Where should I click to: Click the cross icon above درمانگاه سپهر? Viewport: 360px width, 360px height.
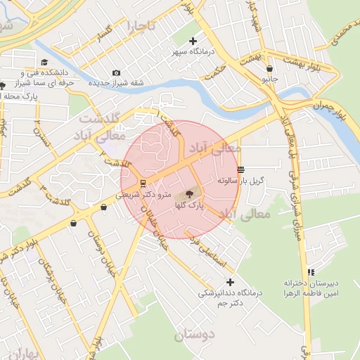193,41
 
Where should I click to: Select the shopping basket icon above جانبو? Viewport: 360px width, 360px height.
270,69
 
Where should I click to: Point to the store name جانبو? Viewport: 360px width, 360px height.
270,79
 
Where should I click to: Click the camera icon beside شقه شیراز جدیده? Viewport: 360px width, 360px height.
116,72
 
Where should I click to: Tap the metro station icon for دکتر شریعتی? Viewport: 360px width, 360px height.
143,184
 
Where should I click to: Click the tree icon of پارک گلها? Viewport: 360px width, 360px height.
190,194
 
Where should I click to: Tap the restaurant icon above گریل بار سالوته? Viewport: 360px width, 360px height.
241,169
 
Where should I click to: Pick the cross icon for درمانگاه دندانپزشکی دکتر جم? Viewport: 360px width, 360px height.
229,282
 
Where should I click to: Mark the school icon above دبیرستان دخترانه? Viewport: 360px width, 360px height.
311,272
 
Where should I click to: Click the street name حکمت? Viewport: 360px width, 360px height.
219,67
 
